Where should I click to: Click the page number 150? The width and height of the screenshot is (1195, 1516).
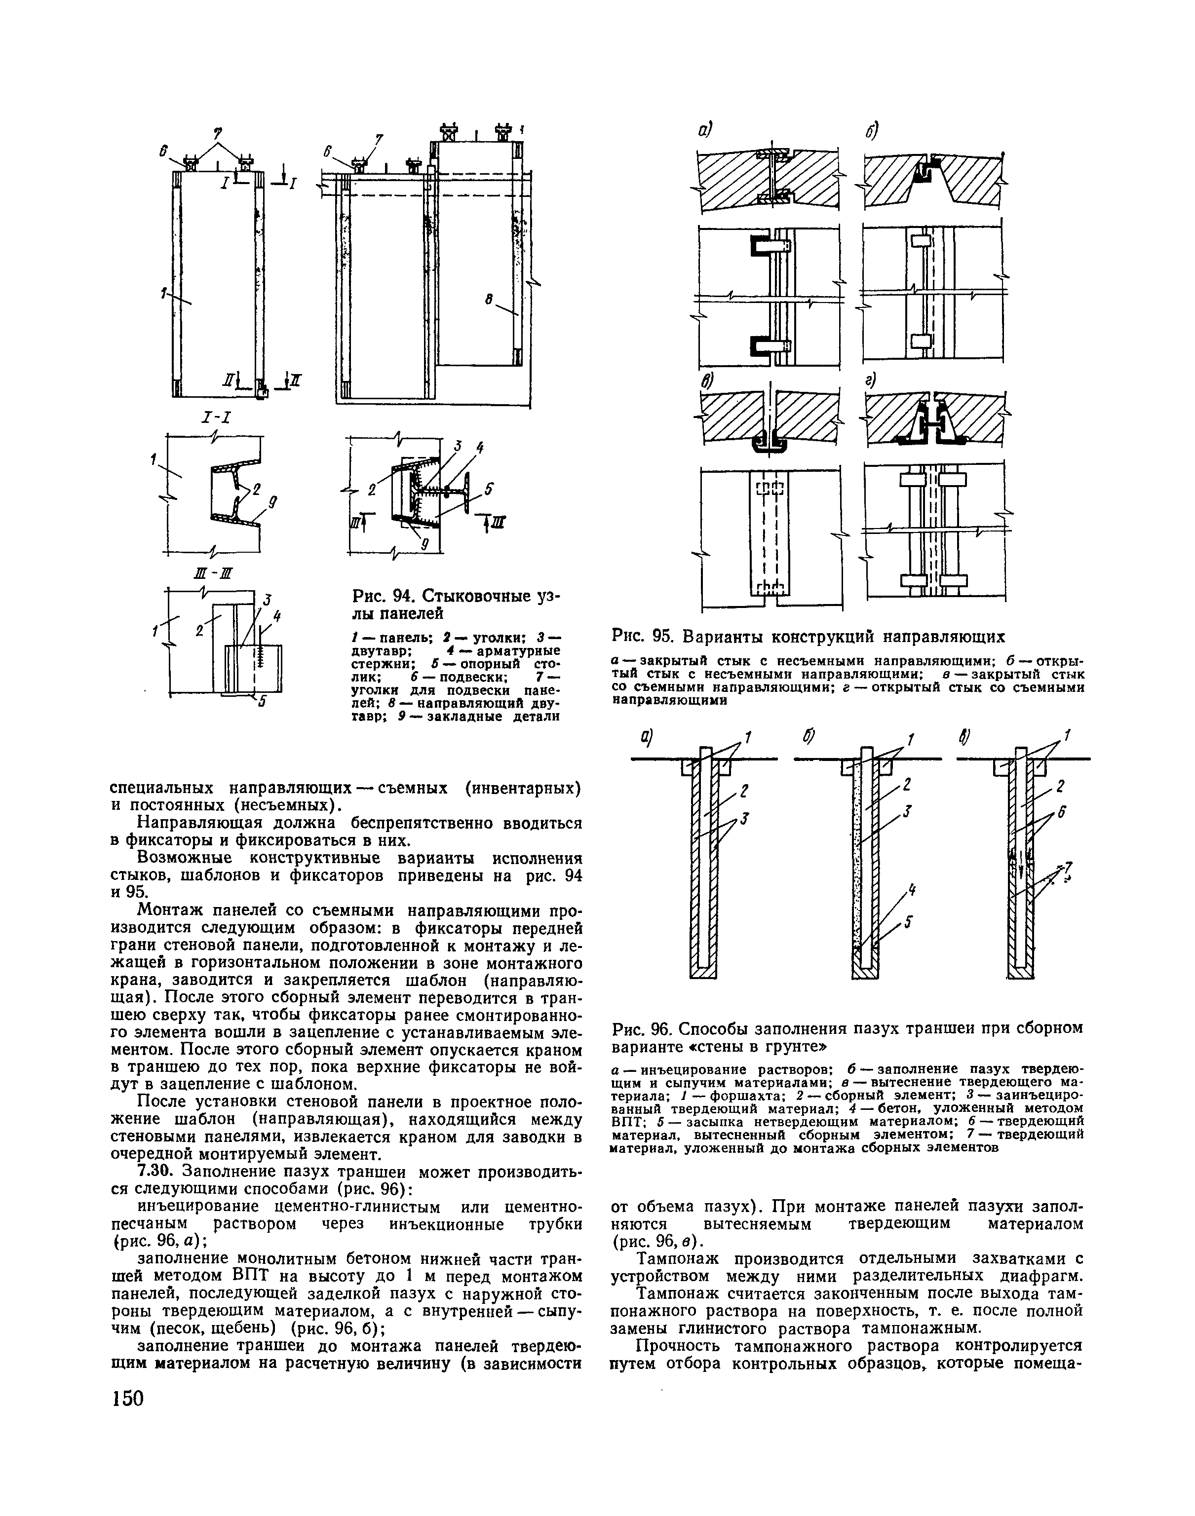(127, 1399)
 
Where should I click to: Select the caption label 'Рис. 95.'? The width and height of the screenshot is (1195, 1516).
(642, 637)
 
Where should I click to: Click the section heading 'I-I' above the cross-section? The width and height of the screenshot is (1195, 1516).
(217, 418)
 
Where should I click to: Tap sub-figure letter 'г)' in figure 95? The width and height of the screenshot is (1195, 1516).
(870, 380)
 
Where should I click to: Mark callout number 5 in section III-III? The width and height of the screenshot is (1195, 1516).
(262, 703)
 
